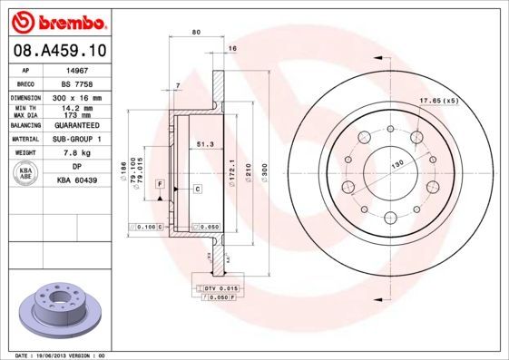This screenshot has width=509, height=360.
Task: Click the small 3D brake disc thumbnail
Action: [x=58, y=310]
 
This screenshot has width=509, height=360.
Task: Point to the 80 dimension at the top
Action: [x=196, y=33]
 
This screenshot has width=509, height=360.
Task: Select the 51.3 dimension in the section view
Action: [x=204, y=144]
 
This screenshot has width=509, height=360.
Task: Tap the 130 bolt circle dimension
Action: [x=396, y=165]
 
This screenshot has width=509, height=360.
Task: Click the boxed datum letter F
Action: [x=160, y=184]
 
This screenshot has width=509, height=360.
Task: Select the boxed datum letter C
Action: [x=197, y=188]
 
